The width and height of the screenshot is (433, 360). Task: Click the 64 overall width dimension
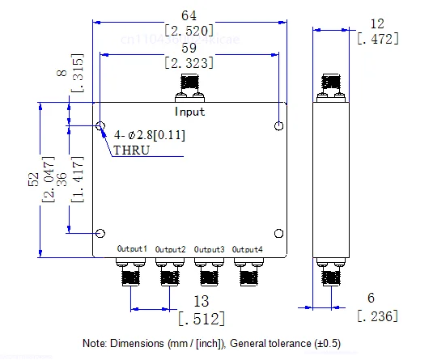pos(189,16)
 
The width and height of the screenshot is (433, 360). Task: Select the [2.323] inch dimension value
pos(189,63)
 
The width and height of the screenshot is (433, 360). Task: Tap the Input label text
pos(190,112)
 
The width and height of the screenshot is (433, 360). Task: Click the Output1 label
pos(132,248)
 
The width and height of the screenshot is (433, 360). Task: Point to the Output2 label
pos(171,248)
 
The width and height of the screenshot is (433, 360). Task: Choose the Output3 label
pos(210,248)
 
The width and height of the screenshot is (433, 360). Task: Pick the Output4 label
pos(248,248)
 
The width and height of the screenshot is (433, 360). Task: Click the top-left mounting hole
pos(100,126)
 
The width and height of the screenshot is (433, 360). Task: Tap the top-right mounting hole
pos(278,125)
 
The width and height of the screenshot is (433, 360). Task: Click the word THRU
pos(131,150)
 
